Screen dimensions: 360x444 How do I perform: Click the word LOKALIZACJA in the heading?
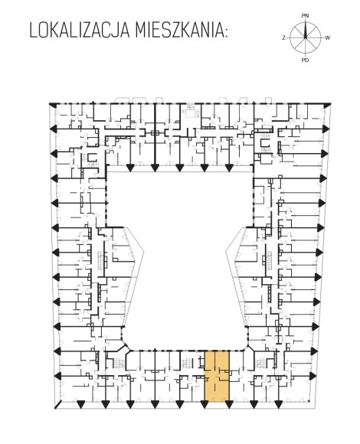coord(80,31)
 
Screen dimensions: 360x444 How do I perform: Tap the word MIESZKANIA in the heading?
coord(178,31)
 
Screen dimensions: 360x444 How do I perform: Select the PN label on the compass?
coord(305,16)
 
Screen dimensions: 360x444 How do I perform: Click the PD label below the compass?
coord(305,60)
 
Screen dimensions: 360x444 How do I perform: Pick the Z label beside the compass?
coord(283,38)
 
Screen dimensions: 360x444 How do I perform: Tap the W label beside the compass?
coord(328,38)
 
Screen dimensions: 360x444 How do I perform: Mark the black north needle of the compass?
coord(306,29)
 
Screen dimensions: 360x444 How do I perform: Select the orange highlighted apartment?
coord(217,376)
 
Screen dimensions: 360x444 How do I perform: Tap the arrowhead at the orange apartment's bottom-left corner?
coord(205,405)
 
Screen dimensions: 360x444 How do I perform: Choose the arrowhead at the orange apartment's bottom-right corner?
coord(229,405)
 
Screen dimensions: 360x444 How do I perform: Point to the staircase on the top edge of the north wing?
coord(190,111)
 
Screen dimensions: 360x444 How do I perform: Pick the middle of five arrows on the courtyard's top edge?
coord(179,168)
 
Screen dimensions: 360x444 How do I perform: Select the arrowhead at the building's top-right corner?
coord(327,106)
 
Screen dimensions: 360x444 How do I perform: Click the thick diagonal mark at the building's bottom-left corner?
coord(57,405)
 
